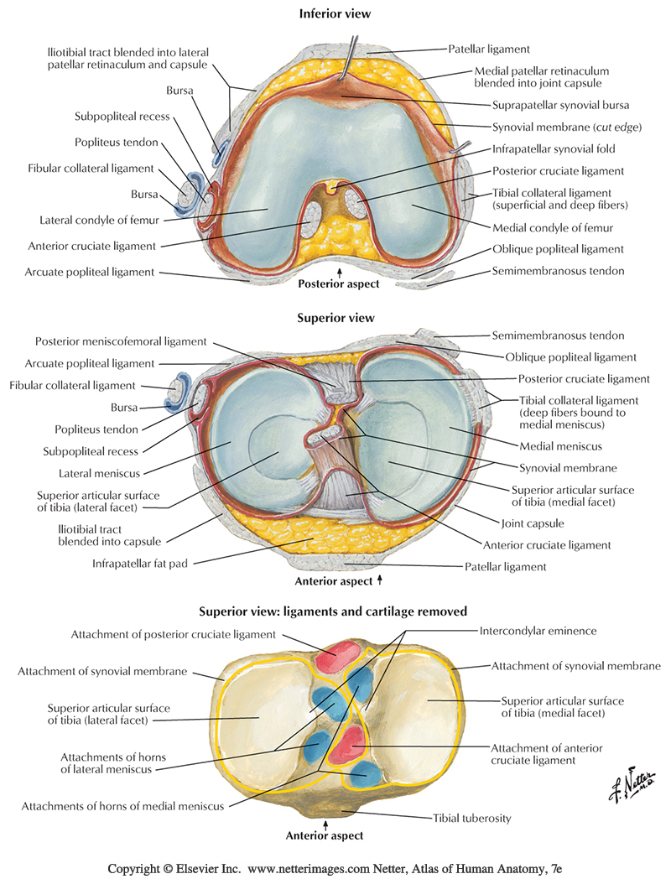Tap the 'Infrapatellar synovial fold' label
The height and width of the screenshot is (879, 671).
[x=554, y=149]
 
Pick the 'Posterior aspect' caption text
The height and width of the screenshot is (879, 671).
[x=339, y=283]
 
